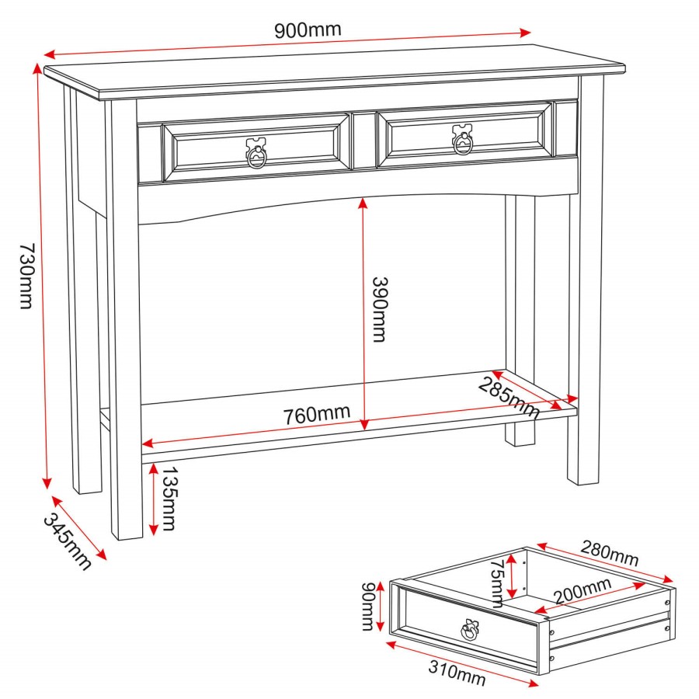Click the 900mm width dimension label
pyautogui.click(x=308, y=30)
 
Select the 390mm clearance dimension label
pyautogui.click(x=378, y=308)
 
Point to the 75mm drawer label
pyautogui.click(x=497, y=582)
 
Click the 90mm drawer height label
pyautogui.click(x=369, y=607)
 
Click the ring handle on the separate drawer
pyautogui.click(x=469, y=630)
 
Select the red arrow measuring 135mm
pyautogui.click(x=154, y=499)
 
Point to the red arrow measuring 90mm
pyautogui.click(x=383, y=607)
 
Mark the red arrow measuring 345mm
pyautogui.click(x=78, y=527)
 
